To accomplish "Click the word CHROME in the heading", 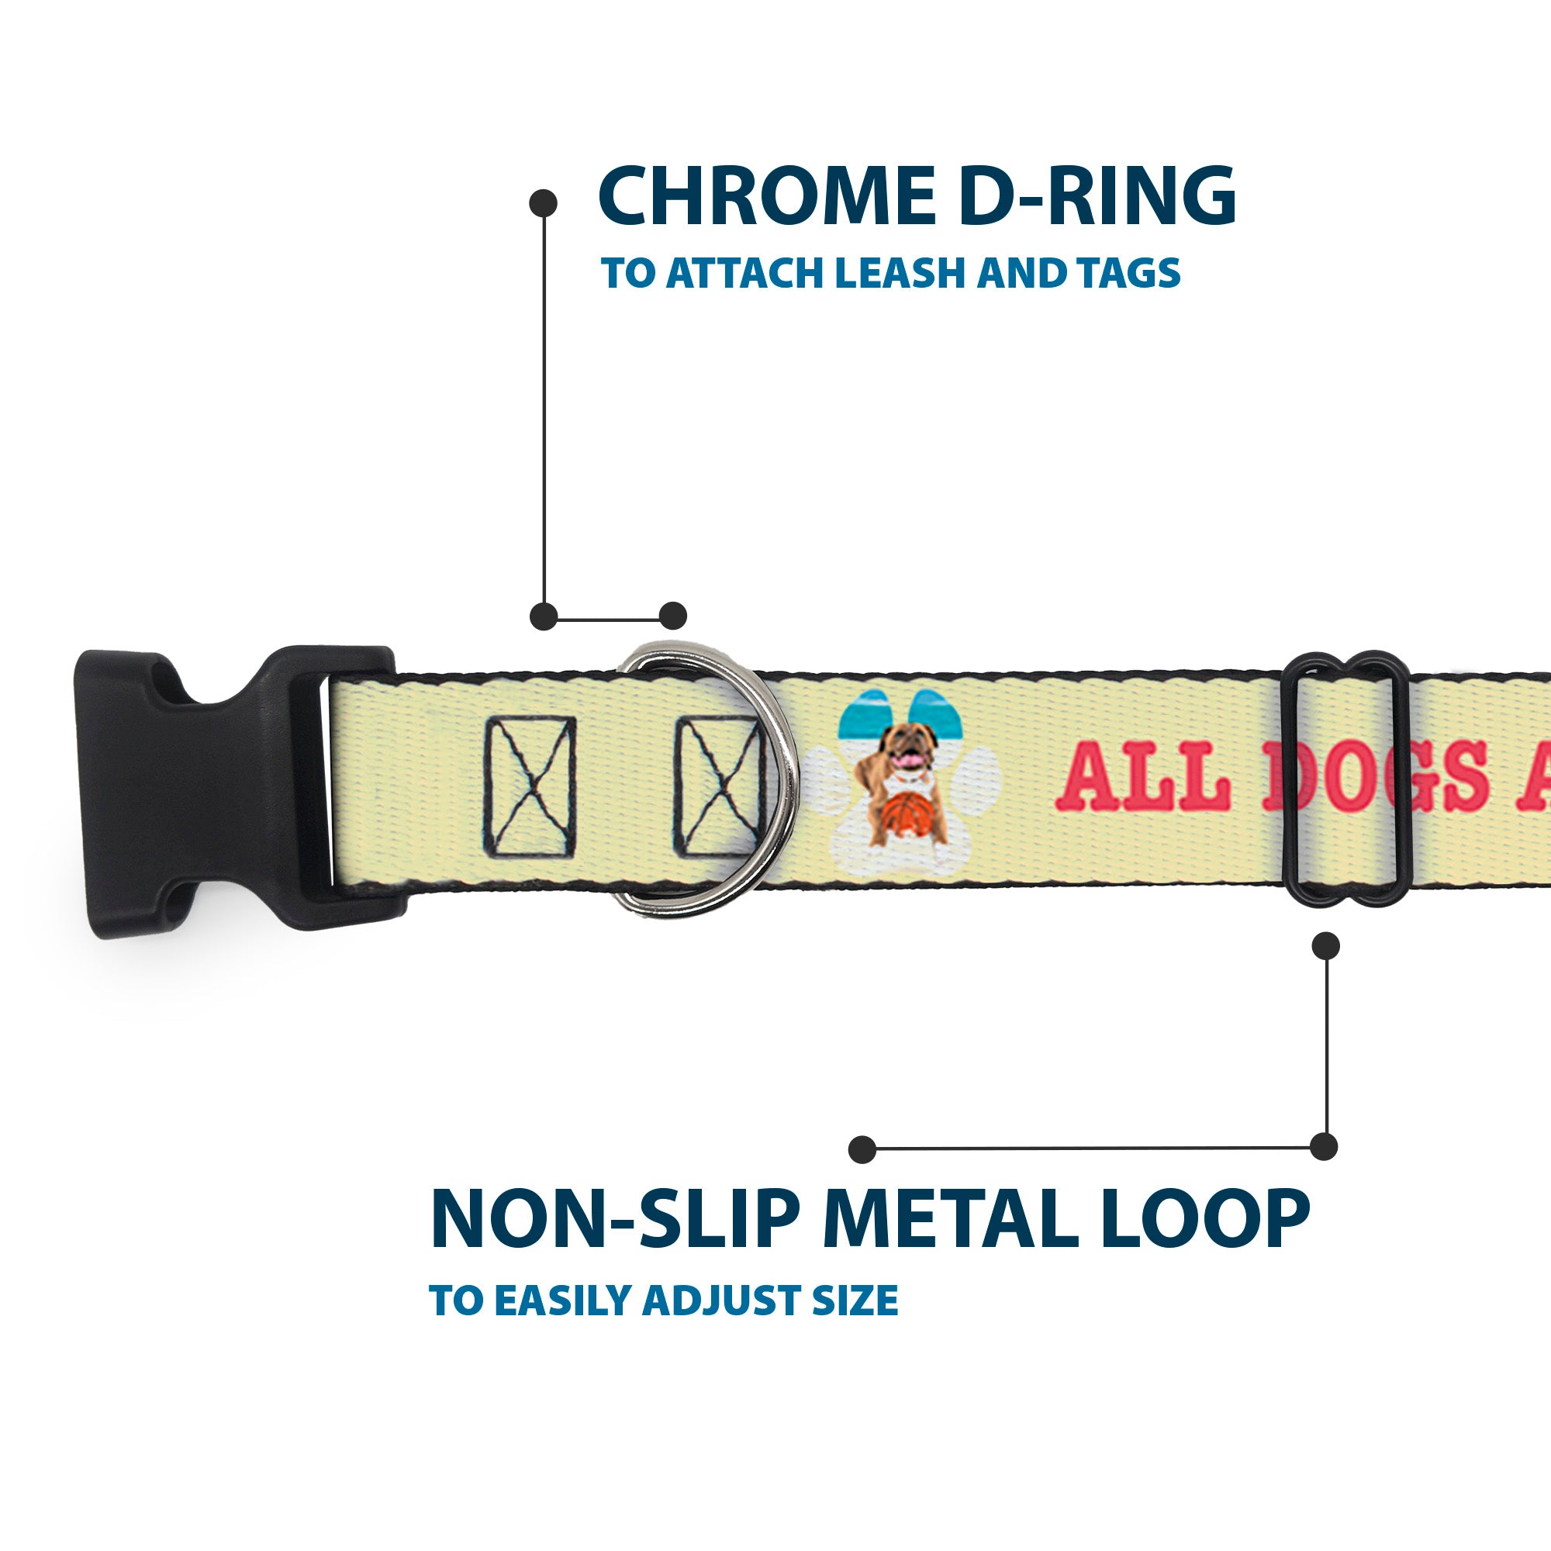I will (x=766, y=197).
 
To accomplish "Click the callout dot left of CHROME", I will (x=544, y=202).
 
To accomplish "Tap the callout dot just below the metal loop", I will (x=1325, y=945).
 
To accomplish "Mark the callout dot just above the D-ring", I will (x=672, y=616).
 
